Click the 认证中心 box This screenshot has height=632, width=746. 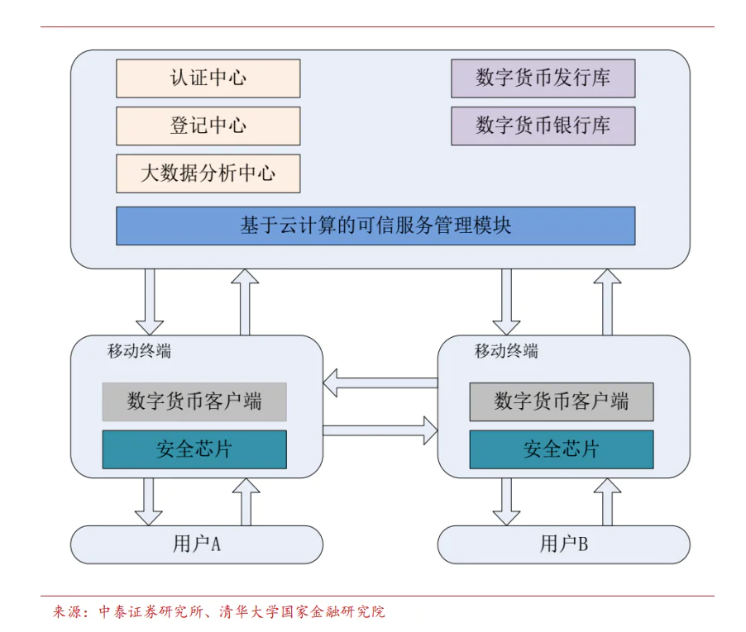pos(208,78)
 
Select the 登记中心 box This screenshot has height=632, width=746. pos(208,126)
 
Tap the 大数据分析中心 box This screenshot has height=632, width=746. pos(208,173)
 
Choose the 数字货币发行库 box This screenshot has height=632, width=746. pos(543,78)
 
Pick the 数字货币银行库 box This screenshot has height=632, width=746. pos(543,126)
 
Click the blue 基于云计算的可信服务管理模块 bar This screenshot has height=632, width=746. pos(375,226)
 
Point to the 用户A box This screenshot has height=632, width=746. pos(196,544)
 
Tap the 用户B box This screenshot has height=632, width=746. pos(563,544)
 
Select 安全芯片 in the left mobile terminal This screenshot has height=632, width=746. pos(194,449)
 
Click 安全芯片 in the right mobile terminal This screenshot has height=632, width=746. pos(562,449)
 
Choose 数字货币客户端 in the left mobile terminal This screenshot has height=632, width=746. pos(194,402)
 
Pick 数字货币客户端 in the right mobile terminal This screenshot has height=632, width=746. pos(562,402)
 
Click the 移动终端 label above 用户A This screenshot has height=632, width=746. pos(139,350)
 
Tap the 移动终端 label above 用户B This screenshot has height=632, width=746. pos(506,350)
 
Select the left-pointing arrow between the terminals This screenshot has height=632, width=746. pos(380,383)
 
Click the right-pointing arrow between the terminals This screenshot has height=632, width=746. pos(380,430)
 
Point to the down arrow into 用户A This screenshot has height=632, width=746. pos(149,501)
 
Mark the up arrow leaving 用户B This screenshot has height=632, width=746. pos(607,501)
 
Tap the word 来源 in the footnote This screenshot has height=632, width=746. pos(69,612)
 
